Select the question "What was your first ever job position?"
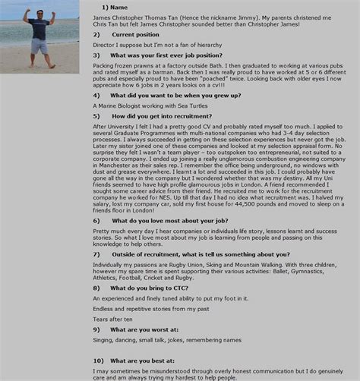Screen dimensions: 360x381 click(166, 55)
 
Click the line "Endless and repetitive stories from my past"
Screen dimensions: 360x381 click(150, 309)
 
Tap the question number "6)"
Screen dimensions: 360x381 click(96, 221)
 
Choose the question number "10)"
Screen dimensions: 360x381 click(97, 360)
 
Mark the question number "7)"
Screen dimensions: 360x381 click(96, 254)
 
